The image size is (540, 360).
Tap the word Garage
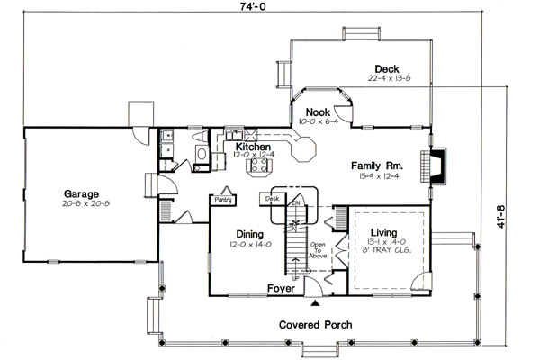pos(80,193)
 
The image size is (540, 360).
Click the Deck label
pos(387,68)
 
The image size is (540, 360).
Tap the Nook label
pos(317,112)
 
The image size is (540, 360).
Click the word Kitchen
pos(254,146)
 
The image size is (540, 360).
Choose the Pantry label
pos(222,200)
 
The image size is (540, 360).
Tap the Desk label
pos(273,197)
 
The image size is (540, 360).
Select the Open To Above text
pos(317,250)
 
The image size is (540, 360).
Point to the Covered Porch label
pos(315,324)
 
